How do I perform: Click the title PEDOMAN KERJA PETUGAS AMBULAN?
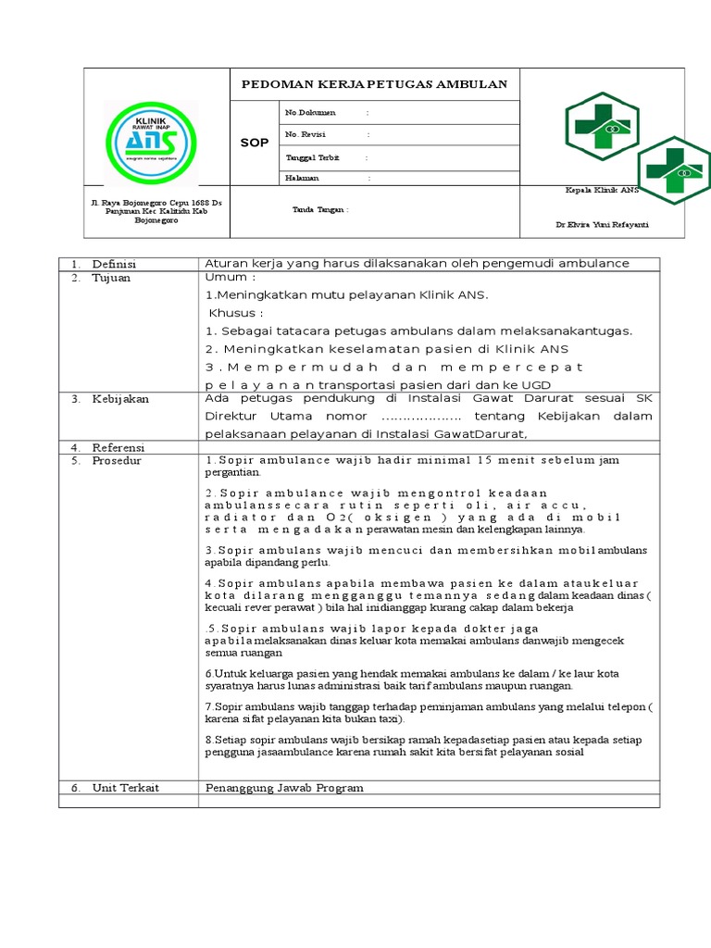374,84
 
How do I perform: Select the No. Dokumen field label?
310,113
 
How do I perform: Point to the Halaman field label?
302,178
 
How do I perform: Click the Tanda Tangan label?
319,209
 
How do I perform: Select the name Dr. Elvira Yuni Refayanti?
603,225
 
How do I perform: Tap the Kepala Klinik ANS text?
602,190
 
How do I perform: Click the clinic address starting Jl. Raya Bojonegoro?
156,211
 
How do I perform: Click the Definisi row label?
113,264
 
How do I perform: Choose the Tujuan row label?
111,278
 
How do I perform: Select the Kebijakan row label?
119,399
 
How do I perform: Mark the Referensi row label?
118,447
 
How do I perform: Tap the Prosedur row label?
117,460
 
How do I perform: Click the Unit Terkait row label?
125,787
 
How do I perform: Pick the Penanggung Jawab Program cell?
283,787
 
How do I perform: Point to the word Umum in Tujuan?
226,277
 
